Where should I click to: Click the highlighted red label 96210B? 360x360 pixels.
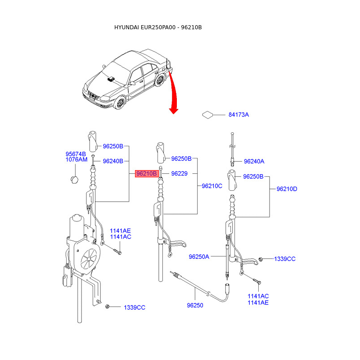click(146, 173)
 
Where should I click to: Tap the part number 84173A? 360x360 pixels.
click(238, 115)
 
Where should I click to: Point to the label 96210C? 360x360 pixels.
click(212, 185)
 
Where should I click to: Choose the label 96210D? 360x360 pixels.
click(287, 189)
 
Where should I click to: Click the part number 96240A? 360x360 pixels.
click(254, 161)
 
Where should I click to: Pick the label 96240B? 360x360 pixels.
click(113, 161)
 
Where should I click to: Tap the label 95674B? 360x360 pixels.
click(76, 154)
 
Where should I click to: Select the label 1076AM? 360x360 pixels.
click(76, 160)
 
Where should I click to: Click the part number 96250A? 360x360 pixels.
click(199, 257)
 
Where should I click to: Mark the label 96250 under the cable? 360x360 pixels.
click(195, 305)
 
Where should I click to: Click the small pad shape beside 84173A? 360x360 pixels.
click(207, 115)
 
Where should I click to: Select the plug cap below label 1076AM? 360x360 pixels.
click(74, 180)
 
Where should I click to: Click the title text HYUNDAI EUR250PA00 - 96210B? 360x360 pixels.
click(158, 27)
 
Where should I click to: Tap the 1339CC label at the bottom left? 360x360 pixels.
click(135, 307)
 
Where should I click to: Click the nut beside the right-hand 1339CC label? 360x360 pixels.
click(261, 259)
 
